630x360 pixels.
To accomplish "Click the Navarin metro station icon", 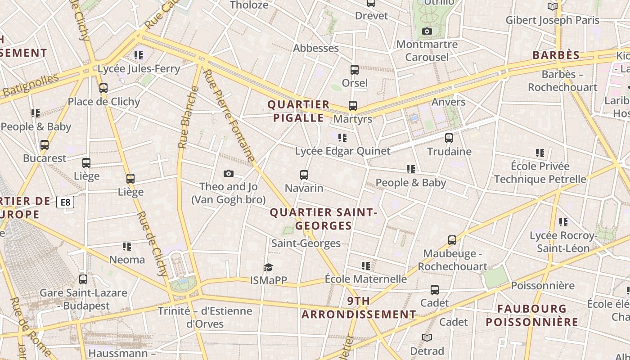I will [x=304, y=175].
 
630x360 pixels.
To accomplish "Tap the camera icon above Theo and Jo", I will [x=229, y=173].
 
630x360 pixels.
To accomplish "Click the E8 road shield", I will [x=65, y=202].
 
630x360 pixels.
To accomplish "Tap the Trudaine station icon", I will [x=449, y=138].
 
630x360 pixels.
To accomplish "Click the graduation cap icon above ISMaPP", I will [x=269, y=267].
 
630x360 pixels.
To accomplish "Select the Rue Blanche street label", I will [x=189, y=117].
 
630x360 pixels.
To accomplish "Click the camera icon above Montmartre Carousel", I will [x=427, y=31].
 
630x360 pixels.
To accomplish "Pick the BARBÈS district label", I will [x=556, y=55].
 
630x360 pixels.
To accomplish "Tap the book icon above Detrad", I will [x=427, y=337].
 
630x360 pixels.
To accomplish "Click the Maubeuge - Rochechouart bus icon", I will [x=452, y=240].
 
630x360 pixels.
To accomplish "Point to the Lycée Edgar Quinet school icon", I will [x=342, y=138].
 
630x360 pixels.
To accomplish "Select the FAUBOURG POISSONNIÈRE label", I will [x=531, y=315].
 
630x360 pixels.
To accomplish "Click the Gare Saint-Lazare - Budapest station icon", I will [x=83, y=279].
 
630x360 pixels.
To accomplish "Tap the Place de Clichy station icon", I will [x=103, y=88].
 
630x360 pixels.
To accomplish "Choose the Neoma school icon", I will [x=127, y=247].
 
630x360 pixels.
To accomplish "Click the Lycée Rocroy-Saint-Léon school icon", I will [x=563, y=222].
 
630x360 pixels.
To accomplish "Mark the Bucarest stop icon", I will [x=45, y=145].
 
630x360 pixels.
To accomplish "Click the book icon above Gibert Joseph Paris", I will [x=552, y=7].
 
